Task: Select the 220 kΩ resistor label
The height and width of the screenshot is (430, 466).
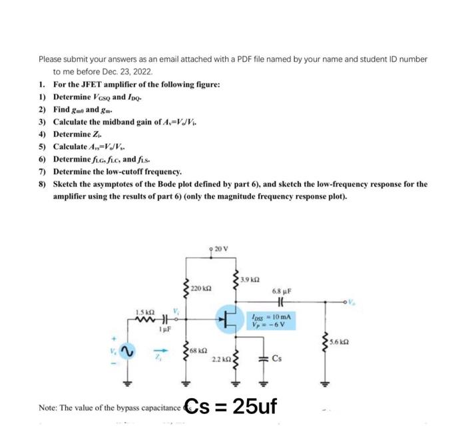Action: [x=201, y=288]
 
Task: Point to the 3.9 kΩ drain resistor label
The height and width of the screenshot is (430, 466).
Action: [x=250, y=278]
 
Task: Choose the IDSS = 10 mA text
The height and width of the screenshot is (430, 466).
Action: [x=272, y=316]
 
